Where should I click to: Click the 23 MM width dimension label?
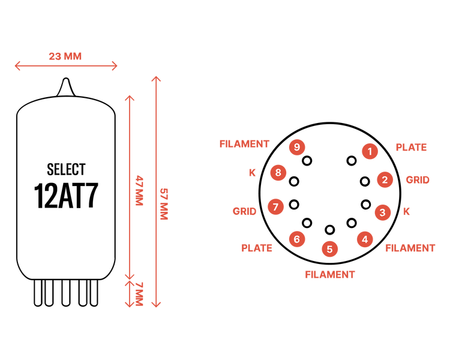click(x=65, y=56)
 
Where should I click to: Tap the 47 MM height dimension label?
click(x=139, y=191)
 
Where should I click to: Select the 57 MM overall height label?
click(x=164, y=204)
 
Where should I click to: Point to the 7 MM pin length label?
click(x=139, y=294)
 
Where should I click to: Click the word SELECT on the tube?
click(x=66, y=169)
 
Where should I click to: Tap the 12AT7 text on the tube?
click(x=66, y=196)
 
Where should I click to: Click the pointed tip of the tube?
click(x=66, y=79)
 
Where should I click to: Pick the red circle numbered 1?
click(x=370, y=151)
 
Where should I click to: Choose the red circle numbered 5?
click(x=330, y=249)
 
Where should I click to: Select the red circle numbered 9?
click(x=297, y=147)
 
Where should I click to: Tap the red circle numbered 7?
click(x=275, y=206)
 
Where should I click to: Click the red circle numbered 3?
click(x=383, y=212)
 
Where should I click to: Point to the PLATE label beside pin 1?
click(x=411, y=147)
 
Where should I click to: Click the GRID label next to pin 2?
click(x=418, y=180)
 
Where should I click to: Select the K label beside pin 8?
click(x=252, y=173)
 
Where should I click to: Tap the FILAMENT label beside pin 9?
click(x=244, y=144)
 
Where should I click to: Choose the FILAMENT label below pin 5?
click(x=330, y=275)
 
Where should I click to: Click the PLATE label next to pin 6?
click(x=257, y=248)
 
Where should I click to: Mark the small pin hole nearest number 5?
click(x=330, y=230)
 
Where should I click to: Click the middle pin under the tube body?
click(x=66, y=293)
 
